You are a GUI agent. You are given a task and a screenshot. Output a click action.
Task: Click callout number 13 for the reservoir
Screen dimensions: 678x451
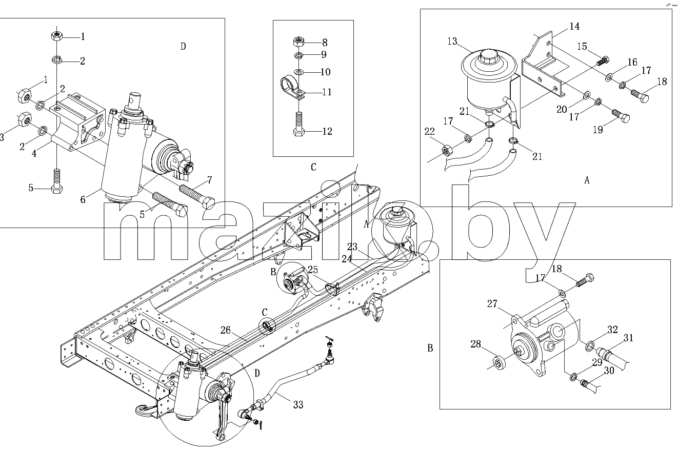click(452, 41)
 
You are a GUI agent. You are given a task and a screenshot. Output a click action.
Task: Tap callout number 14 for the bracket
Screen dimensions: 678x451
click(574, 26)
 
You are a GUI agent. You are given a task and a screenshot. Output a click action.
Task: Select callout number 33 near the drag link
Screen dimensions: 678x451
click(298, 404)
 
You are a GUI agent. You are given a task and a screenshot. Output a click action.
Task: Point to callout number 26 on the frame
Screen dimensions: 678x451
click(226, 330)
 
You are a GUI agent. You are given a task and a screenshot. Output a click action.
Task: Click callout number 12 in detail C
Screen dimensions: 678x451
click(327, 131)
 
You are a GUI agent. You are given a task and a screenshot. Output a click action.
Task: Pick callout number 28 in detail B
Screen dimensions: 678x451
click(475, 344)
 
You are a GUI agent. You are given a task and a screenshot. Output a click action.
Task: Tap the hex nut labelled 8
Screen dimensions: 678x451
click(298, 41)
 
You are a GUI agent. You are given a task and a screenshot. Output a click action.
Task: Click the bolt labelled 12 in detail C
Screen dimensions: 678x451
click(298, 125)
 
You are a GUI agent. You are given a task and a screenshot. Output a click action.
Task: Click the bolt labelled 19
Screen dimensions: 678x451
click(621, 116)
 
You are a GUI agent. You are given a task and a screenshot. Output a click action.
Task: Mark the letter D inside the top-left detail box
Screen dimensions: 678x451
click(183, 46)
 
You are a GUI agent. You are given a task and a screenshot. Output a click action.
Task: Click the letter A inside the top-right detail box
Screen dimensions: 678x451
click(587, 180)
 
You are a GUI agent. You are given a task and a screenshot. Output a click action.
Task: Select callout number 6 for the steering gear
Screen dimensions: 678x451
click(83, 200)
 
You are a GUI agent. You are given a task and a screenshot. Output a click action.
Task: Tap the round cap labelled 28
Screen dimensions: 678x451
click(497, 363)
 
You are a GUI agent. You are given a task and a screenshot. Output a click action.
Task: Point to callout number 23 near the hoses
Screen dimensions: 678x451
click(352, 247)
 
